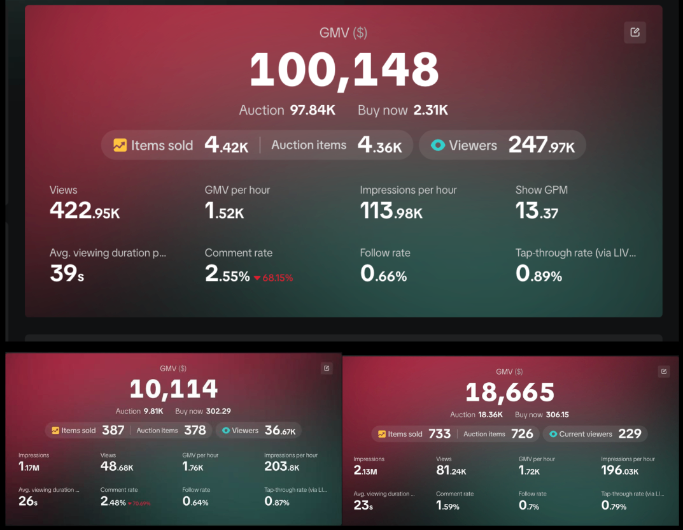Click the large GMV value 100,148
344,70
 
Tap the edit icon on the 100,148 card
635,32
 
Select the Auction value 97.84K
313,110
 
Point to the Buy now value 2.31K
430,110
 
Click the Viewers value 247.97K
542,145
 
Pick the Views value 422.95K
85,210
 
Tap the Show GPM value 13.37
537,210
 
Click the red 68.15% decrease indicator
274,278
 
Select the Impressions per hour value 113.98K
391,210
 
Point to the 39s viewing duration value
67,273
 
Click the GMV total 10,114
173,389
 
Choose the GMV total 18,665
510,392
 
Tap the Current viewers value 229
630,434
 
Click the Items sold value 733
439,434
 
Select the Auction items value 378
195,430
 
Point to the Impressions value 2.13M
365,470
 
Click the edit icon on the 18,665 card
664,371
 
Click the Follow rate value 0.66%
383,273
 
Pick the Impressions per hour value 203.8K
282,466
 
